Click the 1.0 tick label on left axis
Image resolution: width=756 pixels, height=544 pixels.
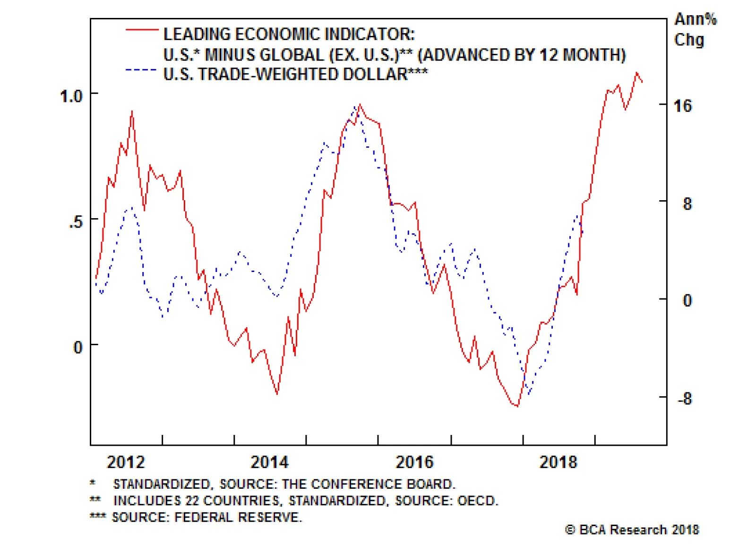click(71, 96)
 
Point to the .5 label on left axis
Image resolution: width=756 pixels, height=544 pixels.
click(76, 221)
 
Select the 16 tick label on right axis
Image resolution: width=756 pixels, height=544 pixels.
click(682, 106)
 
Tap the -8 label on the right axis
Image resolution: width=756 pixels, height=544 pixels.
click(684, 399)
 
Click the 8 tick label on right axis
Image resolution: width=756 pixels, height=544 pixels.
click(687, 204)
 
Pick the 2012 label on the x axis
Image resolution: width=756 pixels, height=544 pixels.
click(126, 462)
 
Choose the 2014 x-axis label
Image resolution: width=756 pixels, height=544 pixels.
click(269, 462)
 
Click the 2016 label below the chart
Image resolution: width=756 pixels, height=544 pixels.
click(414, 462)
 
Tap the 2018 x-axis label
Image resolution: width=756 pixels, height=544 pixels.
click(558, 462)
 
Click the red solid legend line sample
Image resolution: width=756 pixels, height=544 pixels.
click(142, 30)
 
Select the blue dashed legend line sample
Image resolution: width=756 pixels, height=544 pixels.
click(141, 70)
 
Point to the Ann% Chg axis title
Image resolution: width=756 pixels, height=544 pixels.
click(695, 29)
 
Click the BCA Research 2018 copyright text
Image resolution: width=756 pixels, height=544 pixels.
click(632, 530)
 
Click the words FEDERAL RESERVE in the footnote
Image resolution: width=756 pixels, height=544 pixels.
click(238, 517)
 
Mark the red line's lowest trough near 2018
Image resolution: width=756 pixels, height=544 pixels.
click(517, 406)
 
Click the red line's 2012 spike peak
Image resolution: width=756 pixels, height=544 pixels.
click(132, 111)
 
